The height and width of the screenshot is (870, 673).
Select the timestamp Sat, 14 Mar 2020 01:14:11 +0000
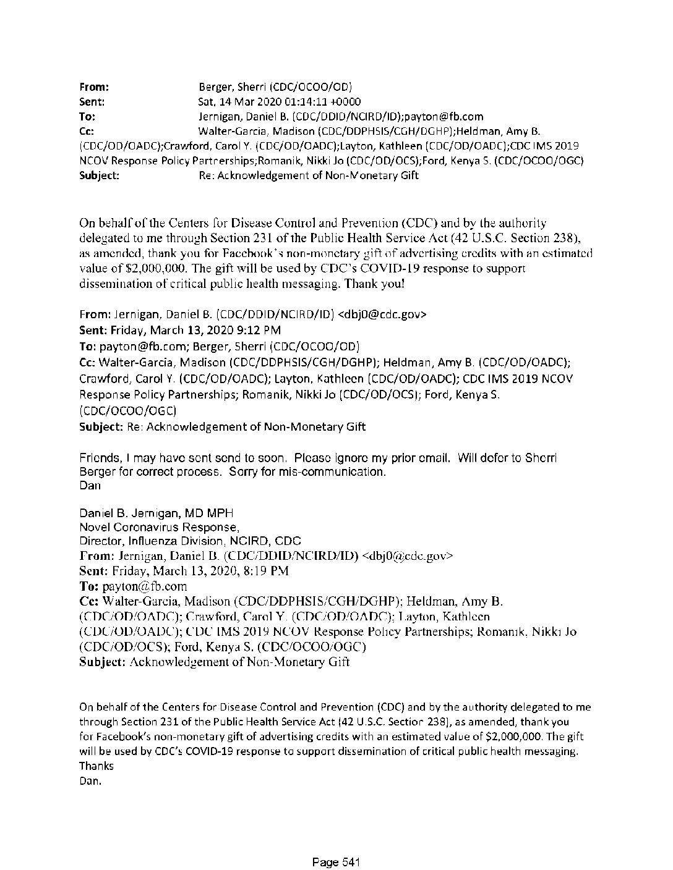pos(279,102)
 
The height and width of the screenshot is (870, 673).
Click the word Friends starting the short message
pos(99,458)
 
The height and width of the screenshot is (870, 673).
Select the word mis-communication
pos(331,472)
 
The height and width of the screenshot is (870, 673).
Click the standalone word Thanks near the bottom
pos(96,766)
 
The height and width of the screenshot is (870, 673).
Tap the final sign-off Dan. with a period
pos(90,781)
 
